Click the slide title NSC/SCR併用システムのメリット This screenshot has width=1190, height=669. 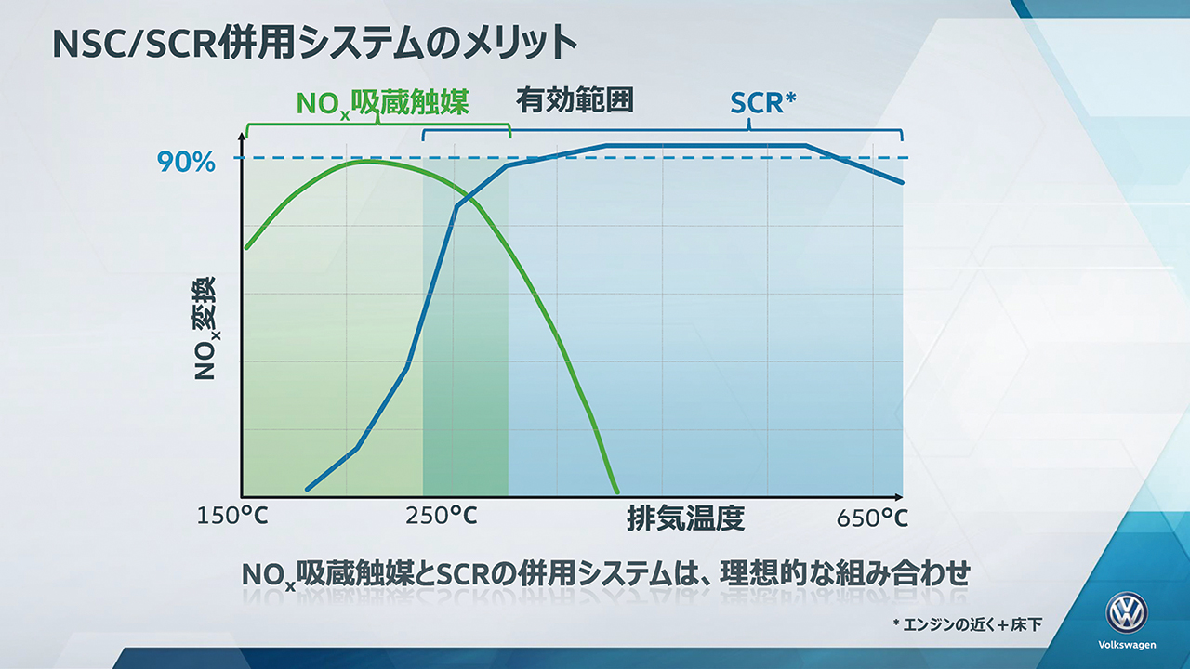tap(315, 43)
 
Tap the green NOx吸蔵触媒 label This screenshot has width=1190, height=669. tap(382, 103)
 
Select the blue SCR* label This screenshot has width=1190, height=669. tap(763, 103)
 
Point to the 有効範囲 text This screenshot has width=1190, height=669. tap(575, 100)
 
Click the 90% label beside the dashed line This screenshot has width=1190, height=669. tap(186, 162)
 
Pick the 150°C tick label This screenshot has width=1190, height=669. tap(232, 516)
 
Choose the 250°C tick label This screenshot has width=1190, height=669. tap(442, 516)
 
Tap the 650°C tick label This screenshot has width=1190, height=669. tap(872, 518)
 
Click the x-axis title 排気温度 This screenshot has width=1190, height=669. tap(686, 518)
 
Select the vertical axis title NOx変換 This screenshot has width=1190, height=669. tap(206, 328)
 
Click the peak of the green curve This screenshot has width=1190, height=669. tap(366, 161)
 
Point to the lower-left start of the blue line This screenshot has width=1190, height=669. tap(308, 489)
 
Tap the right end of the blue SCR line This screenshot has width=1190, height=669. tap(902, 182)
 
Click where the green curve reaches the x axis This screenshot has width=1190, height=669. tap(616, 492)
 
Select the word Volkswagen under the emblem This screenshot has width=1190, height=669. tap(1127, 645)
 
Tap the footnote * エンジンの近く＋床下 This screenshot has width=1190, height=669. tap(967, 624)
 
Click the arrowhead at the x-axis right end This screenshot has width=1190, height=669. tap(899, 497)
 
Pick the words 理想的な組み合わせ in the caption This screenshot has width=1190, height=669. tap(845, 573)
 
